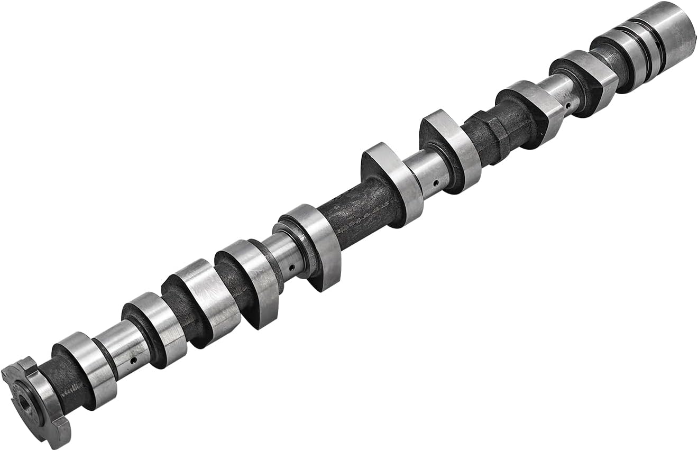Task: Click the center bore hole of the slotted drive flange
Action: click(24, 404)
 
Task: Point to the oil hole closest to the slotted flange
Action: click(133, 360)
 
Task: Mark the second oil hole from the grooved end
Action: click(435, 184)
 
